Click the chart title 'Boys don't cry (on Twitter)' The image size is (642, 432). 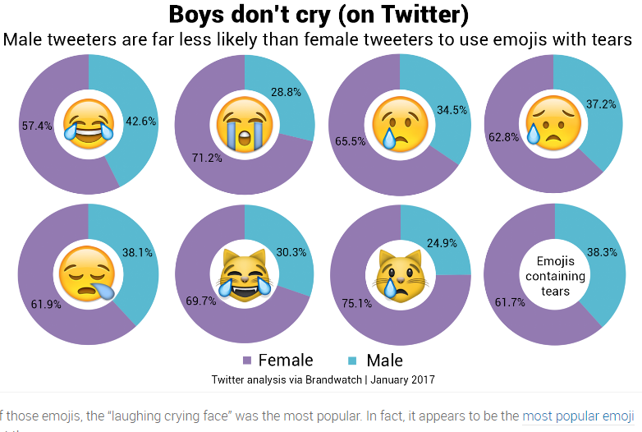(x=319, y=14)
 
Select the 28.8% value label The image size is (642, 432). (x=285, y=93)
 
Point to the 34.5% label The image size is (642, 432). (x=452, y=110)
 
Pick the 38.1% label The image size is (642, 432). (x=137, y=253)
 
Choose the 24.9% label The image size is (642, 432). (x=441, y=243)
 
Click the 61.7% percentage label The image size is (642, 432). (x=509, y=303)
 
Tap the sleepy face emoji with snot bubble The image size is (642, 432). (x=88, y=274)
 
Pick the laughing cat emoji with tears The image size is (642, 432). (x=245, y=274)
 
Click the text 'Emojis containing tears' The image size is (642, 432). (x=555, y=276)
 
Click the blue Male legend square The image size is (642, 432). (x=353, y=361)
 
